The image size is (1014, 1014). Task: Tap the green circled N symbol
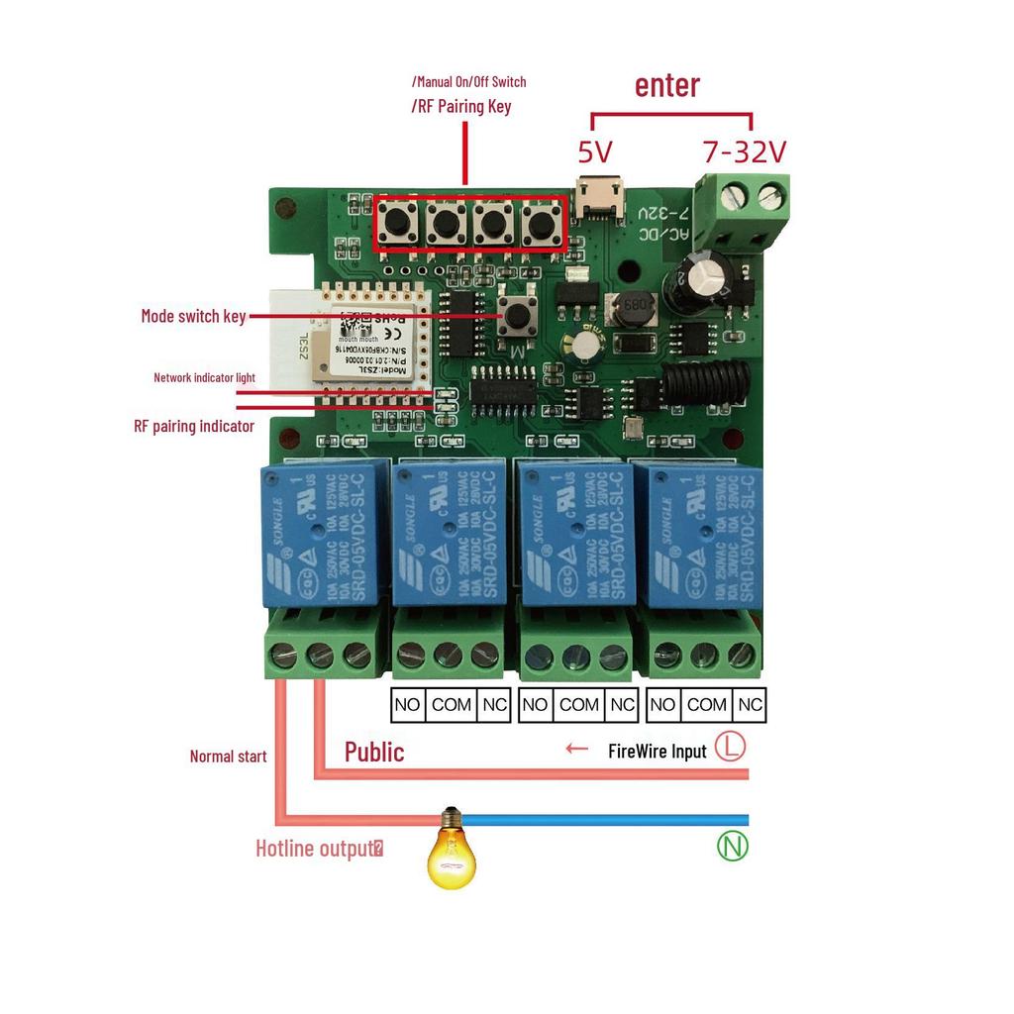[x=733, y=846]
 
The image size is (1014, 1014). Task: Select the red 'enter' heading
[x=666, y=85]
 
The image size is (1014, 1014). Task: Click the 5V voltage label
[x=595, y=152]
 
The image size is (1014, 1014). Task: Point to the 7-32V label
[x=744, y=152]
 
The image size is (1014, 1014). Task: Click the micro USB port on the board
[x=600, y=199]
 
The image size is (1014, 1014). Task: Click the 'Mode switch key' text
[x=192, y=317]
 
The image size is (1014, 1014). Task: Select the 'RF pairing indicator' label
[x=194, y=426]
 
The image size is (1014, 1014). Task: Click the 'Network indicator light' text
[x=204, y=377]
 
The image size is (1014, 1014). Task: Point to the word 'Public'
[x=374, y=752]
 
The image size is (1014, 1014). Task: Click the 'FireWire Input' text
[x=657, y=751]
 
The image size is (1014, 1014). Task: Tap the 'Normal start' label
[x=228, y=757]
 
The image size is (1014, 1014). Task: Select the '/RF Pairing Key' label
[x=461, y=106]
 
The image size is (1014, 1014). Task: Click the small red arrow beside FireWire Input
[x=576, y=749]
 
